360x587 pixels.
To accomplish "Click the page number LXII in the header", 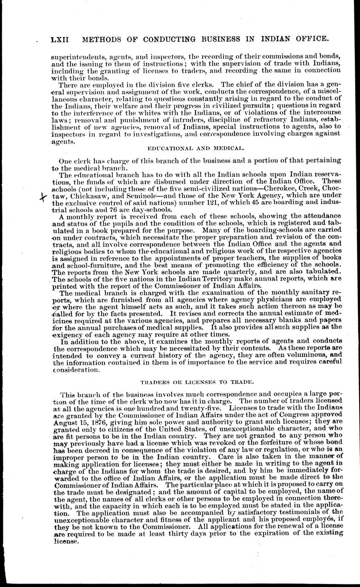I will (x=60, y=40).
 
